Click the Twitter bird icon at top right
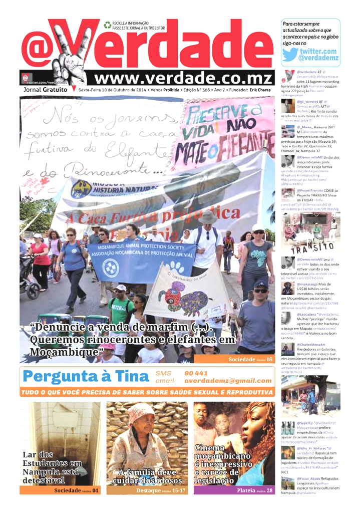click(290, 54)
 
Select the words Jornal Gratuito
click(45, 90)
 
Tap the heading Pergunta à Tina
click(86, 376)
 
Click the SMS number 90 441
click(196, 373)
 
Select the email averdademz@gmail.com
click(228, 381)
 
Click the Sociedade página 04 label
click(76, 490)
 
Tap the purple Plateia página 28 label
click(255, 490)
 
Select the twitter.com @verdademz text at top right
click(318, 55)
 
